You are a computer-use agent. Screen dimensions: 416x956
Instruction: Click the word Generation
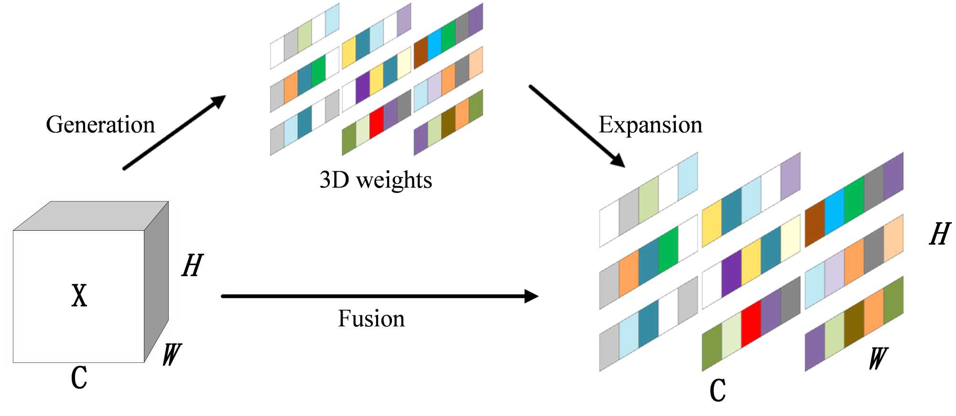pyautogui.click(x=100, y=125)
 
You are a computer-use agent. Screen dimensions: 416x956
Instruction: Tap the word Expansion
pyautogui.click(x=650, y=125)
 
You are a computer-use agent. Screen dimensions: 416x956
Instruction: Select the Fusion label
pyautogui.click(x=371, y=319)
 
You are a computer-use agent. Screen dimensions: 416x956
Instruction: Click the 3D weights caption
pyautogui.click(x=376, y=180)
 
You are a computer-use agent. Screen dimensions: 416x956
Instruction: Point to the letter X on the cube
pyautogui.click(x=79, y=295)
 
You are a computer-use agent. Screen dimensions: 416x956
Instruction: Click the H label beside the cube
pyautogui.click(x=193, y=266)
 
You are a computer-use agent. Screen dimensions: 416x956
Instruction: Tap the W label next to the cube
pyautogui.click(x=172, y=355)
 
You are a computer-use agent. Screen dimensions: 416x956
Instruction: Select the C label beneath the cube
pyautogui.click(x=79, y=377)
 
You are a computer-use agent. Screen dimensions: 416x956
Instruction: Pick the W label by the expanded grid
pyautogui.click(x=879, y=359)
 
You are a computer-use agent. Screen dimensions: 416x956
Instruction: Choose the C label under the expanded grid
pyautogui.click(x=717, y=390)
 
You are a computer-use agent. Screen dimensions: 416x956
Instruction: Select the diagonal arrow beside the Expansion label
pyautogui.click(x=576, y=126)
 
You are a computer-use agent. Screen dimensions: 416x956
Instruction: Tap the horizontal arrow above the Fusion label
pyautogui.click(x=380, y=296)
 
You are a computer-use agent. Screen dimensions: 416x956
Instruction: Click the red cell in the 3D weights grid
pyautogui.click(x=377, y=122)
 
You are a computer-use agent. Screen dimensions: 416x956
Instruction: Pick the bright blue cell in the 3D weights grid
pyautogui.click(x=435, y=44)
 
